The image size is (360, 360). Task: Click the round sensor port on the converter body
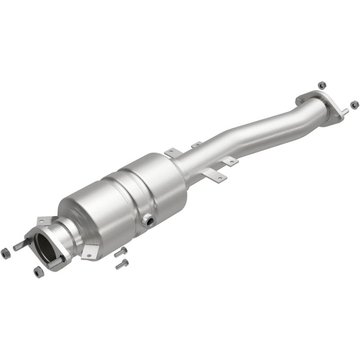pyautogui.click(x=148, y=221)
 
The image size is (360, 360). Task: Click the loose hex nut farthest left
pyautogui.click(x=6, y=253)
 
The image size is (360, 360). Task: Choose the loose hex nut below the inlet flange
pyautogui.click(x=39, y=272)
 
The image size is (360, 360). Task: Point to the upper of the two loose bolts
pyautogui.click(x=121, y=252)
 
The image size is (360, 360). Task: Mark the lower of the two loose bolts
pyautogui.click(x=122, y=264)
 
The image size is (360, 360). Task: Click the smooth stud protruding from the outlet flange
pyautogui.click(x=344, y=112)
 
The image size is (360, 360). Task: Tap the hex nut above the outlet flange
pyautogui.click(x=321, y=85)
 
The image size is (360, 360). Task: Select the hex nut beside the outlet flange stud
pyautogui.click(x=355, y=104)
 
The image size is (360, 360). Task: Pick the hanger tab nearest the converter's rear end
pyautogui.click(x=172, y=153)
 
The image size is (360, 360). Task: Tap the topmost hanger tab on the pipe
pyautogui.click(x=197, y=145)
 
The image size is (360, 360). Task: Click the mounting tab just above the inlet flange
pyautogui.click(x=44, y=220)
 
